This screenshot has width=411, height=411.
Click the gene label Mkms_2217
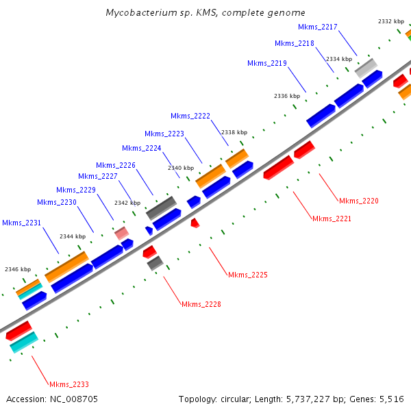coord(318,27)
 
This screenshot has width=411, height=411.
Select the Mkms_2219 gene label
coord(266,63)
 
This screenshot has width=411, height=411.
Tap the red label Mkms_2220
coord(358,201)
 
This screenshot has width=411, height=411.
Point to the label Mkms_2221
coord(332,219)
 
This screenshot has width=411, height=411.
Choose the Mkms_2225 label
coord(247,275)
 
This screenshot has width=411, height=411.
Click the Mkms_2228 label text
coord(201,303)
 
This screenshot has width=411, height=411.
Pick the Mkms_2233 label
coord(68,384)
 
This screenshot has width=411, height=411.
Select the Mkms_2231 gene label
coord(21,223)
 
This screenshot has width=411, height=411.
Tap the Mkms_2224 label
coord(141,148)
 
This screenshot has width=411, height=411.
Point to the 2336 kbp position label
coord(287,96)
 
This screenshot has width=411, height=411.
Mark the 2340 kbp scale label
coord(181,167)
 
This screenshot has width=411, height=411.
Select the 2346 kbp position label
coord(18,269)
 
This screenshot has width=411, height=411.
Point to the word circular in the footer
coord(241,399)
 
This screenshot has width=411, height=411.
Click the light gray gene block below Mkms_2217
coord(365,68)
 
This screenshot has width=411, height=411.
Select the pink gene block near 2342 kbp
coord(122,234)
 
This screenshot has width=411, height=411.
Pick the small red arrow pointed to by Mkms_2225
coord(195,223)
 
